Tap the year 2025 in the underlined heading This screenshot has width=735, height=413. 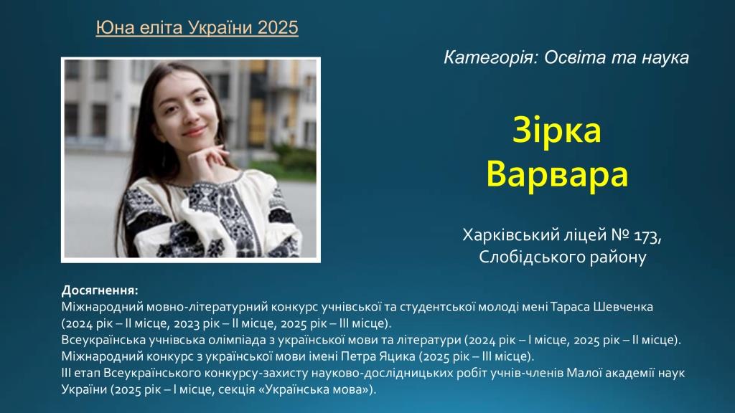278,28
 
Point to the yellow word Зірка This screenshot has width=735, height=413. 557,130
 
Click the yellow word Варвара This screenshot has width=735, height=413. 557,174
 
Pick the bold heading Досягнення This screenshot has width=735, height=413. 100,290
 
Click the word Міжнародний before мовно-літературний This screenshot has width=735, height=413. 102,307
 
